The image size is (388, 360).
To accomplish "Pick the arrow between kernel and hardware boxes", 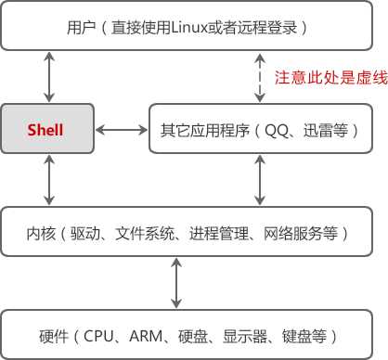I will click(x=175, y=285).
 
